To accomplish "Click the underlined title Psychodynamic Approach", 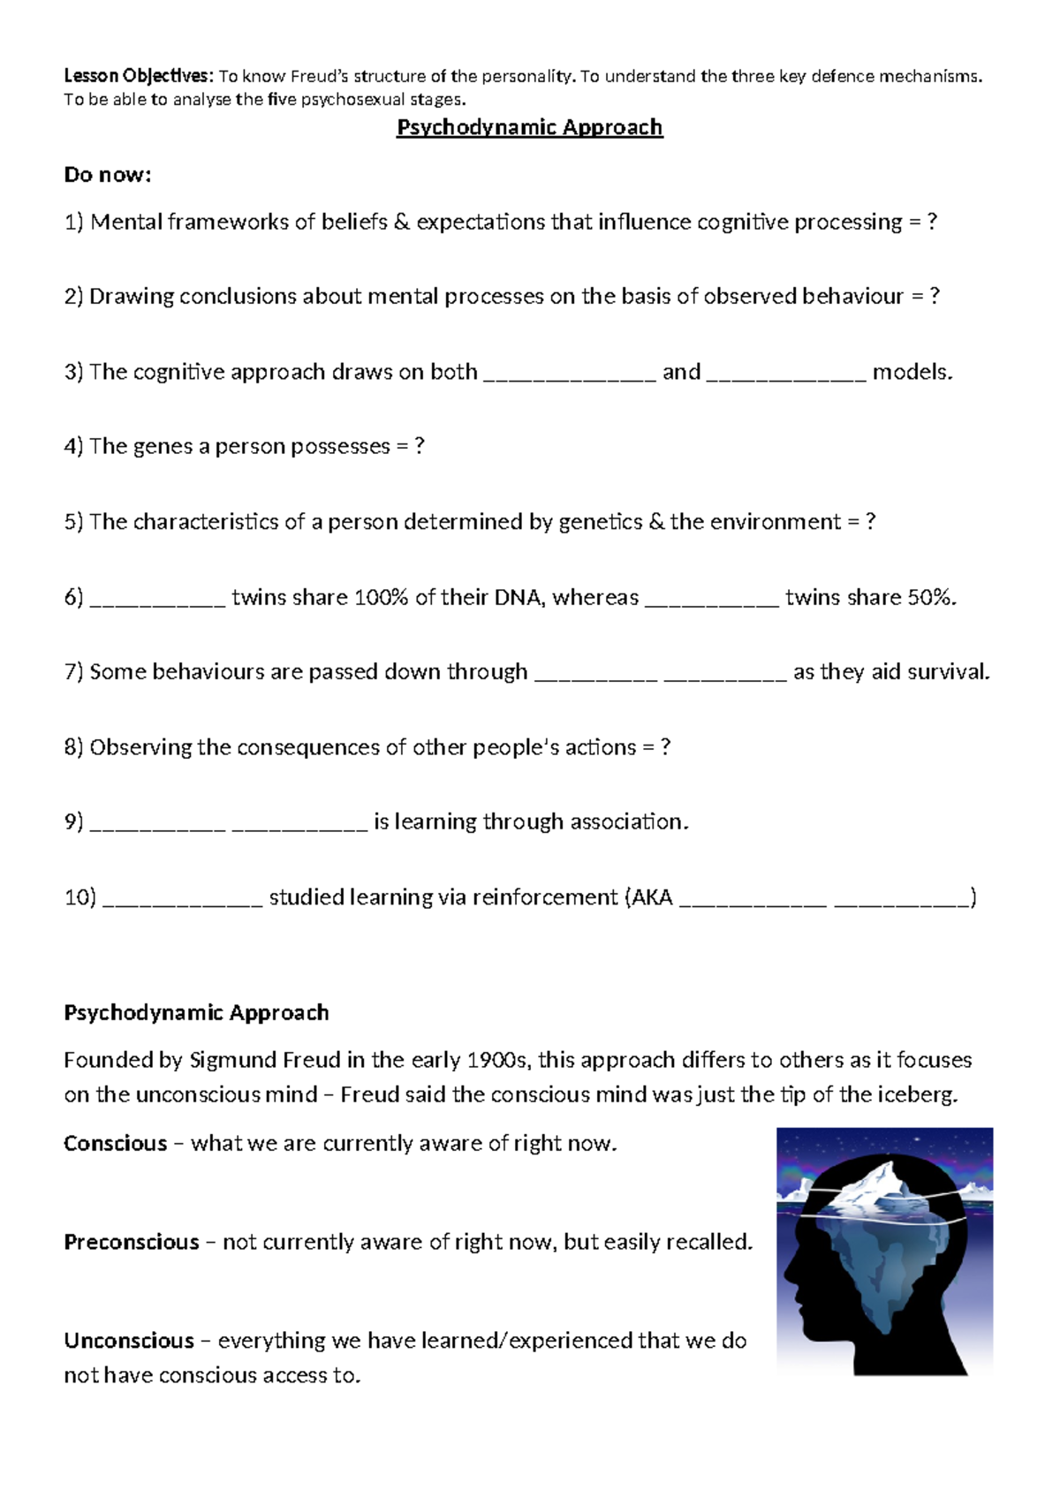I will click(x=529, y=127).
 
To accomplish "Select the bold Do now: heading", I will click(x=107, y=175).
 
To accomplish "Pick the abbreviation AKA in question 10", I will click(x=653, y=897).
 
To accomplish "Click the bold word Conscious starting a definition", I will click(x=115, y=1143).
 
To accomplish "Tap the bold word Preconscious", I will click(x=131, y=1242).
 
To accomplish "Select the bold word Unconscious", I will click(x=128, y=1341).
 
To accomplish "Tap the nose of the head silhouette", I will click(x=786, y=1276).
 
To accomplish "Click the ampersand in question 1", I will click(x=402, y=222).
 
